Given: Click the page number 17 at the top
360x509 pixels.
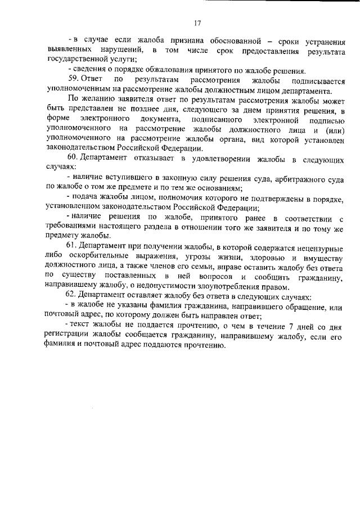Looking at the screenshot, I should click(197, 23).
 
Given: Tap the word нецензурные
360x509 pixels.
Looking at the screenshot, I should click(312, 246).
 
